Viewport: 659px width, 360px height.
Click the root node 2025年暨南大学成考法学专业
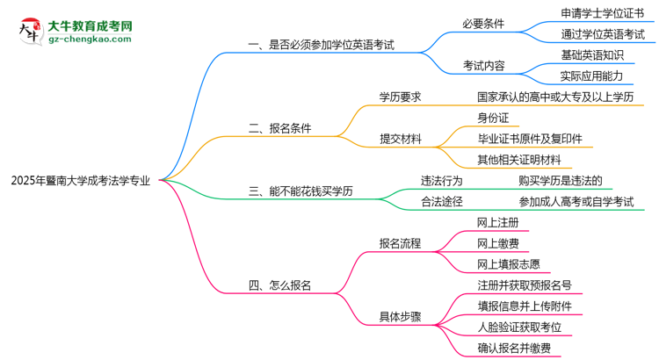[80, 180]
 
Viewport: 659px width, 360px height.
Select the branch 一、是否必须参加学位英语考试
[321, 43]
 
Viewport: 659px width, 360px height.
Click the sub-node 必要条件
[483, 24]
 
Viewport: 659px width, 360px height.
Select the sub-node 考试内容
[483, 65]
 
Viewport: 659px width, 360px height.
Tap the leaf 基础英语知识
[593, 54]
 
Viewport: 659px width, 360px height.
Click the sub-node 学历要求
[401, 97]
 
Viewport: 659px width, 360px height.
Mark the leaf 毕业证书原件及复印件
[529, 139]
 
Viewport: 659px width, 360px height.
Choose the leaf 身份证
[493, 118]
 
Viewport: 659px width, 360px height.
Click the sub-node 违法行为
[442, 181]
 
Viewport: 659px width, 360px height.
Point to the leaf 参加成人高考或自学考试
[576, 202]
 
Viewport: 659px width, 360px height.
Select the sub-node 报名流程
[401, 243]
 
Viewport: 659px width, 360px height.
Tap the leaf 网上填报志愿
[508, 264]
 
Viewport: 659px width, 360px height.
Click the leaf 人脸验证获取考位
[519, 328]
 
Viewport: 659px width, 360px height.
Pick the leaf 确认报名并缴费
[514, 349]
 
